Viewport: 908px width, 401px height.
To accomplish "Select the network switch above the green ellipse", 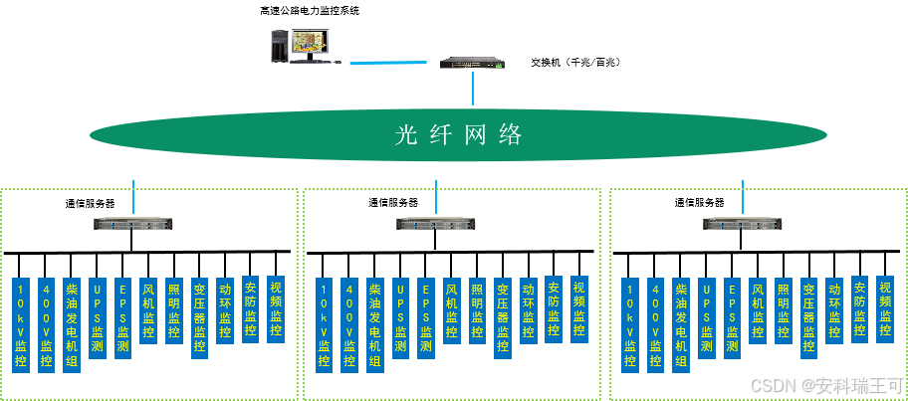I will (x=472, y=63).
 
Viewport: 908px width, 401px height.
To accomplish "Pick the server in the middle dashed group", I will (x=436, y=224).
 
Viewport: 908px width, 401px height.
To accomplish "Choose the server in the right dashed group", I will (x=742, y=224).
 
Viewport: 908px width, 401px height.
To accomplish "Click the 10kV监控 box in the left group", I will (x=21, y=324).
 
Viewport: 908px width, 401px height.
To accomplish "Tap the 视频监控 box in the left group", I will (x=276, y=309).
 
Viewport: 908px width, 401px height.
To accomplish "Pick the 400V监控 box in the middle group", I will (x=348, y=324).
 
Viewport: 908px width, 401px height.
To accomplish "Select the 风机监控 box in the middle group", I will (x=451, y=309).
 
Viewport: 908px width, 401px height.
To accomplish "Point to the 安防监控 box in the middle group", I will (x=554, y=309).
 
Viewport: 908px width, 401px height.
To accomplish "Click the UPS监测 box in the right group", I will (x=706, y=316).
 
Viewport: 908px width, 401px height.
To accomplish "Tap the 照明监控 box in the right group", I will (x=783, y=309).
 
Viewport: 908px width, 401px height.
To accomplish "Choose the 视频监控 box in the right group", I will (x=885, y=309).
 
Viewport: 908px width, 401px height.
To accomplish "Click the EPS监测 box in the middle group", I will (x=425, y=316).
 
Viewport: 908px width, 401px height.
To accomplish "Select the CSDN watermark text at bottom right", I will (x=825, y=384).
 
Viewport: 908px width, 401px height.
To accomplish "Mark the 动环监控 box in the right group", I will (x=834, y=309).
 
